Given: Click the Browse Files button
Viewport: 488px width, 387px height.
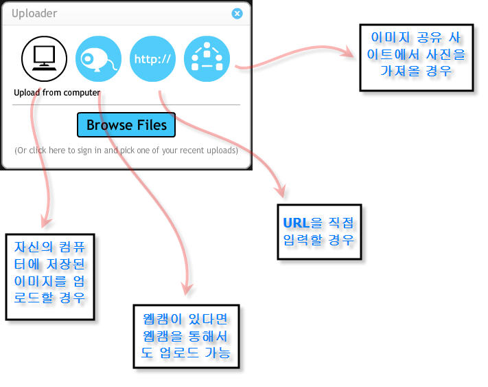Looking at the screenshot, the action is tap(126, 124).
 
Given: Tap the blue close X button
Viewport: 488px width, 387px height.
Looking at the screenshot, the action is tap(237, 13).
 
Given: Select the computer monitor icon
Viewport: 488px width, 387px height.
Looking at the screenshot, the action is tap(44, 58).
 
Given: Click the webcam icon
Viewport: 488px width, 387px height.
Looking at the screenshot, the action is tap(98, 58).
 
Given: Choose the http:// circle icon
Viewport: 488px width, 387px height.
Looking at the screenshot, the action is tap(152, 58).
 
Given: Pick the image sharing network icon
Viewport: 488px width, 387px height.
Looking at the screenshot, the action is tap(207, 58).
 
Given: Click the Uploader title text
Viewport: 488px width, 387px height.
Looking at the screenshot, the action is tap(34, 13).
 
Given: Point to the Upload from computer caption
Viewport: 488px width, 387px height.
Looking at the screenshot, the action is tap(57, 93).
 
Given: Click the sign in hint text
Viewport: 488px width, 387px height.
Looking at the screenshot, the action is tap(126, 151).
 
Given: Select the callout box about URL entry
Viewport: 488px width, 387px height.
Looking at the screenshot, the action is tap(319, 232).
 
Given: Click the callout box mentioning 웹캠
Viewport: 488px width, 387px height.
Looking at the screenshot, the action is tap(186, 336).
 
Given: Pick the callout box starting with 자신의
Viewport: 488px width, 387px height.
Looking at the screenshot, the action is tap(50, 277).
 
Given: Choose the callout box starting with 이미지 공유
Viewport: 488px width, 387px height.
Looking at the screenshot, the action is tap(417, 58).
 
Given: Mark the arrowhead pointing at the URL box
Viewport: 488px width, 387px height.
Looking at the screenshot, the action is tap(280, 190).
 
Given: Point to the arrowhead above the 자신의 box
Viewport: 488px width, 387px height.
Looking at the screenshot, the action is tap(45, 221).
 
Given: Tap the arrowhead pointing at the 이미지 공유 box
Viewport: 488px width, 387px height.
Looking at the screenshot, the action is tap(348, 52).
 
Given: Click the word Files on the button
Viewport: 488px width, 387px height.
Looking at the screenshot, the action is tap(152, 125).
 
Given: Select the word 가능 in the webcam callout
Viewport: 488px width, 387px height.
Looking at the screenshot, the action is tap(218, 353).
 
